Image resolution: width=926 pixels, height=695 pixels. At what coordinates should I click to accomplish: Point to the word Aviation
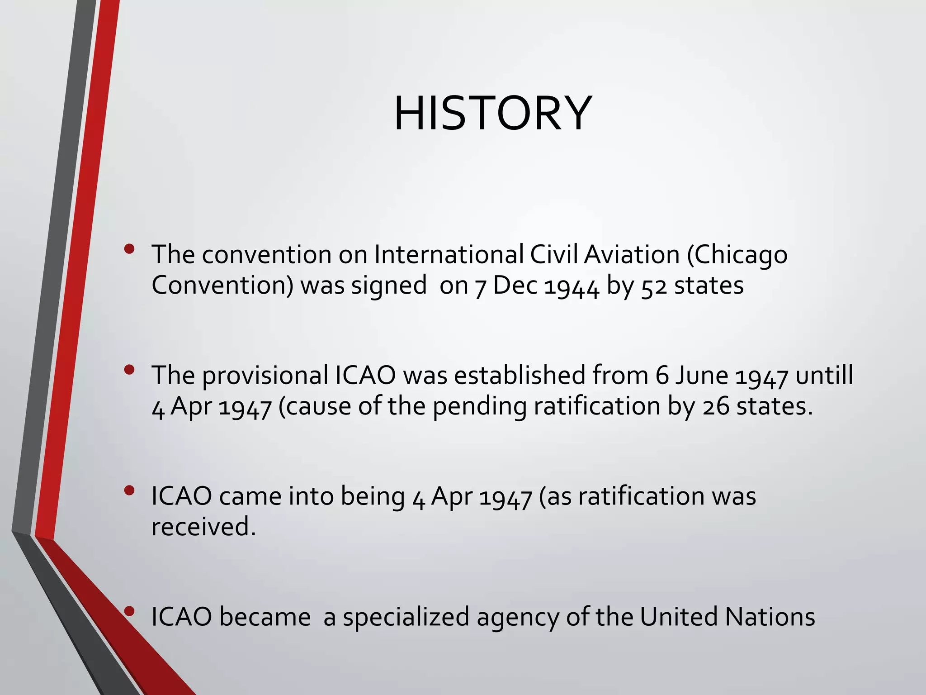[x=632, y=254]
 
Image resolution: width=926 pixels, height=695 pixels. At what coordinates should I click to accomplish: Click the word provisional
[x=265, y=376]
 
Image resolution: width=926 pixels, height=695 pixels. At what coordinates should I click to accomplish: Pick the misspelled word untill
[x=824, y=375]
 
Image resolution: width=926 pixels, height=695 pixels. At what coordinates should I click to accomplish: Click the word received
[x=203, y=527]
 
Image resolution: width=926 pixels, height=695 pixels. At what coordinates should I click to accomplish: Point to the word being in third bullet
[x=373, y=497]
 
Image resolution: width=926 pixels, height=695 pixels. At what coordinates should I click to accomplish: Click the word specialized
[x=406, y=618]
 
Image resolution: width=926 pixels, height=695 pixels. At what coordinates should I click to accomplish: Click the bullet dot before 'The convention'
[x=129, y=249]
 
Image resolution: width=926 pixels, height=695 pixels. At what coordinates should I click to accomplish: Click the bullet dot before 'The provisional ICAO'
[x=129, y=370]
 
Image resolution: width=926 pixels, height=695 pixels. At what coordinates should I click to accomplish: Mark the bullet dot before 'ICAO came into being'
[x=129, y=490]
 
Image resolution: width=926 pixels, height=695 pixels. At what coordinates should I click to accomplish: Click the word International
[x=449, y=254]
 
